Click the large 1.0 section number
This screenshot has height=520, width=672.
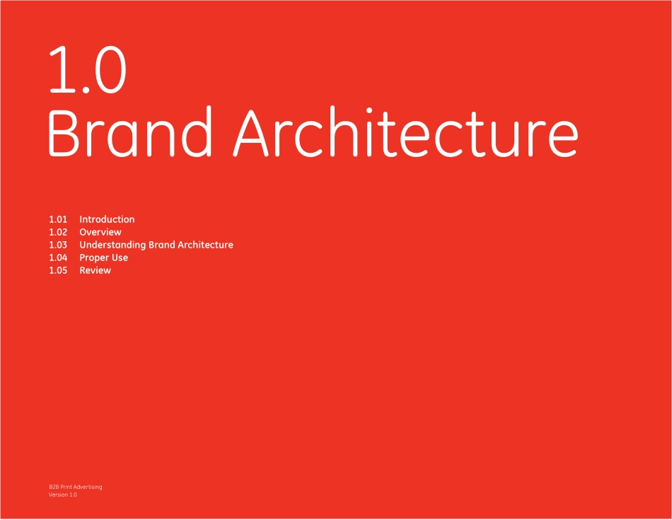click(88, 69)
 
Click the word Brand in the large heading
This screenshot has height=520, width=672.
click(130, 132)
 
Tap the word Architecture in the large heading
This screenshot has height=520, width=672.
click(406, 132)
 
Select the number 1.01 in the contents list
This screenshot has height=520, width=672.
click(58, 219)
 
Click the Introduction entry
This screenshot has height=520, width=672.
click(107, 219)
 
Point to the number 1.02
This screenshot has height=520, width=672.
click(58, 232)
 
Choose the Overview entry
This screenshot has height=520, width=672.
click(100, 232)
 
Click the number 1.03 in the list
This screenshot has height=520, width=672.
click(58, 245)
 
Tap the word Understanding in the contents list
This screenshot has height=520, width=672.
click(112, 245)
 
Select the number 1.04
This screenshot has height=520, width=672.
click(58, 258)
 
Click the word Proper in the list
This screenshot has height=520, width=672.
click(94, 258)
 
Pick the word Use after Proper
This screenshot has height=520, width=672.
click(120, 258)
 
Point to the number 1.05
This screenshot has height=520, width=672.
click(58, 270)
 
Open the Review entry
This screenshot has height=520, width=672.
click(95, 270)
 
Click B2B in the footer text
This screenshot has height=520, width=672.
click(54, 487)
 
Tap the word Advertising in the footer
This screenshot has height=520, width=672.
click(88, 487)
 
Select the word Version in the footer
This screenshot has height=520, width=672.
click(58, 495)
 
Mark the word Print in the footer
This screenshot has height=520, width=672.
click(66, 487)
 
